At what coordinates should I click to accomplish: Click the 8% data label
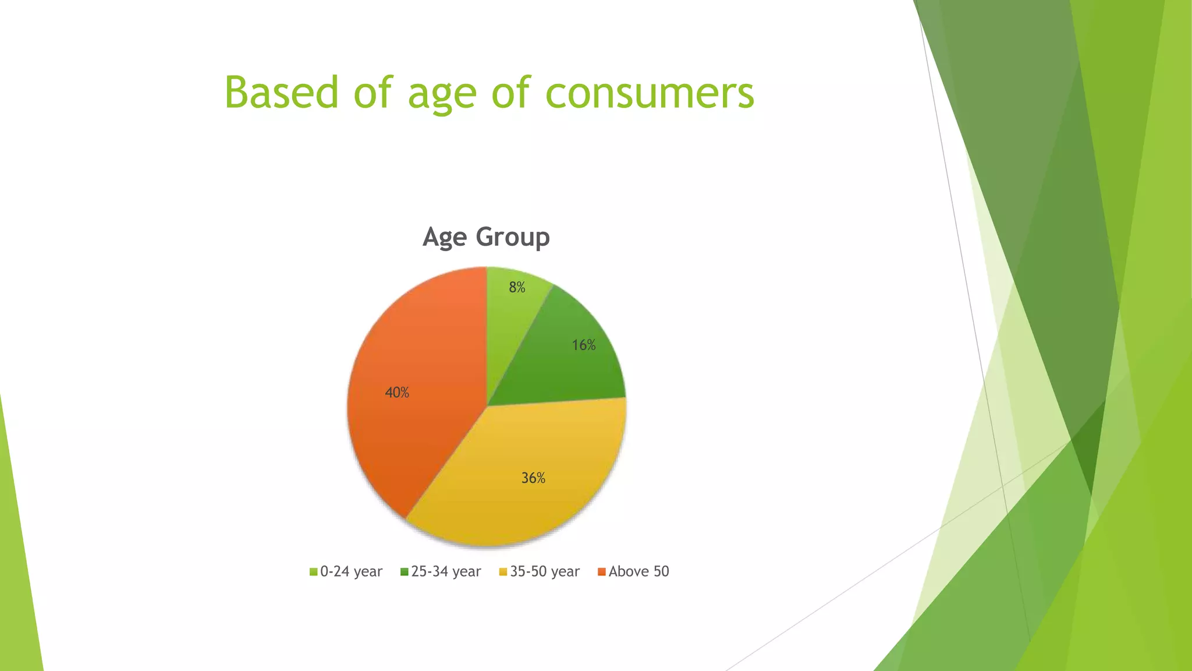(x=517, y=287)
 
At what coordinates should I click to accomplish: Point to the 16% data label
(x=583, y=345)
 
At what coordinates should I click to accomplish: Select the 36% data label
(x=533, y=478)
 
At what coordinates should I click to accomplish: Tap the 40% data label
(x=397, y=393)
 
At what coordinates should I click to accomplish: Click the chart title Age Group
(x=486, y=237)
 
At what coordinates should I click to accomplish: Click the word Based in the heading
(x=281, y=93)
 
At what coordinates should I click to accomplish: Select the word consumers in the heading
(x=650, y=93)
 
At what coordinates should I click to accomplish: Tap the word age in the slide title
(x=442, y=93)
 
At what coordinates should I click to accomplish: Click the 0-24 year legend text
(x=351, y=571)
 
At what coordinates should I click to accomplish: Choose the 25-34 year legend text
(x=446, y=571)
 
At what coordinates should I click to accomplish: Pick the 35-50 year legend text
(x=545, y=571)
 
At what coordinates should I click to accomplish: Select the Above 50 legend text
(x=638, y=571)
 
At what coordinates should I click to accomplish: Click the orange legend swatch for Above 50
(x=602, y=572)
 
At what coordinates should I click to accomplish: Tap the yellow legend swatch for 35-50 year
(x=503, y=572)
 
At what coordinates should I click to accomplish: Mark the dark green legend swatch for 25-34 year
(x=404, y=572)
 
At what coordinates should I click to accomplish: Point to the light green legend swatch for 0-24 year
(x=313, y=572)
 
